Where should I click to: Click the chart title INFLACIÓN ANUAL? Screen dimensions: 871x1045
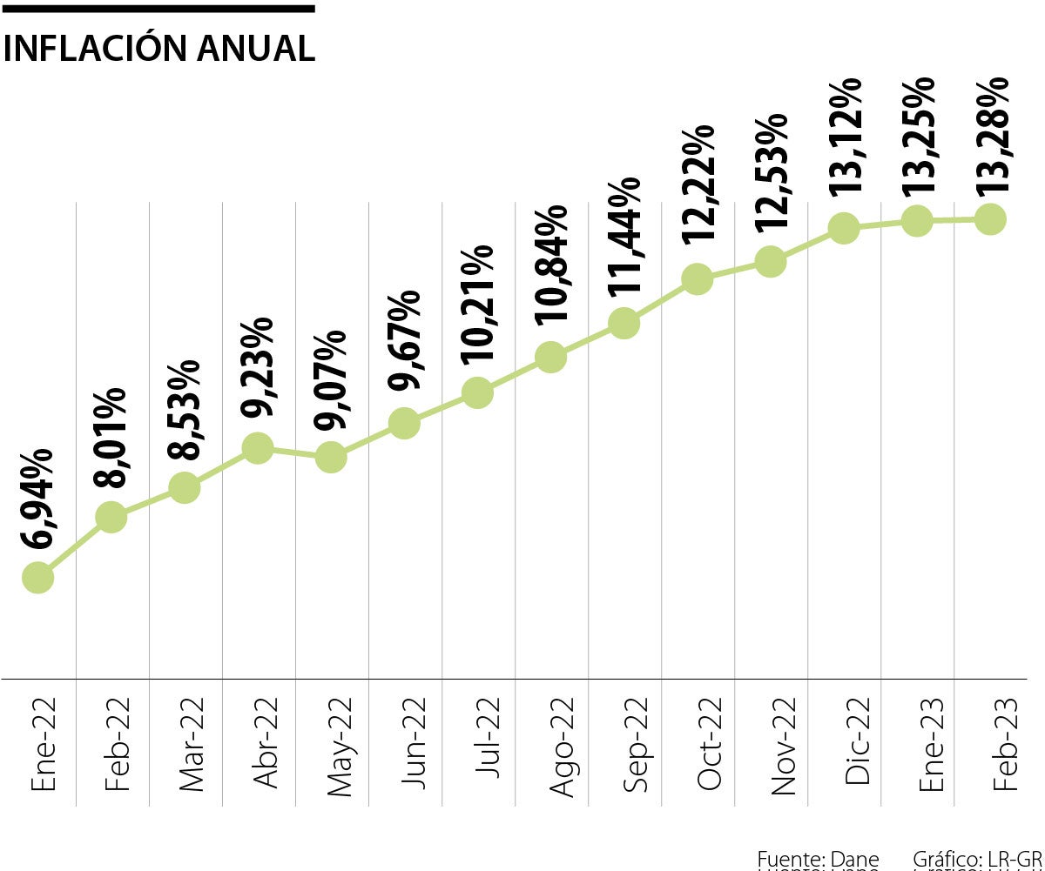[158, 48]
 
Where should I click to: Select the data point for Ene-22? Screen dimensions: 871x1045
[37, 577]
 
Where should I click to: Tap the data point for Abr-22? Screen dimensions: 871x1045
[258, 448]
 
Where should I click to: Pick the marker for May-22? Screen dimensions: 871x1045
[331, 456]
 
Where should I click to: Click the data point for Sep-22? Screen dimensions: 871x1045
[624, 323]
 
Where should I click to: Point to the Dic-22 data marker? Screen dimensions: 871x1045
[843, 228]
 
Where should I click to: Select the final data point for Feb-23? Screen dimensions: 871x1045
[990, 219]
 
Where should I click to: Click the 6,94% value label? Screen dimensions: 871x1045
[39, 499]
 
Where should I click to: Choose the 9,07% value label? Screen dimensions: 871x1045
[332, 379]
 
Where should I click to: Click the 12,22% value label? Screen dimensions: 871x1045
[698, 184]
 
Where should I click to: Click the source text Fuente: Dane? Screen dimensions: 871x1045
[818, 859]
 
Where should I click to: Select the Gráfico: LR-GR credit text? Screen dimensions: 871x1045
[977, 859]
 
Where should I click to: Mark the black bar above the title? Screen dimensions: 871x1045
[158, 9]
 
